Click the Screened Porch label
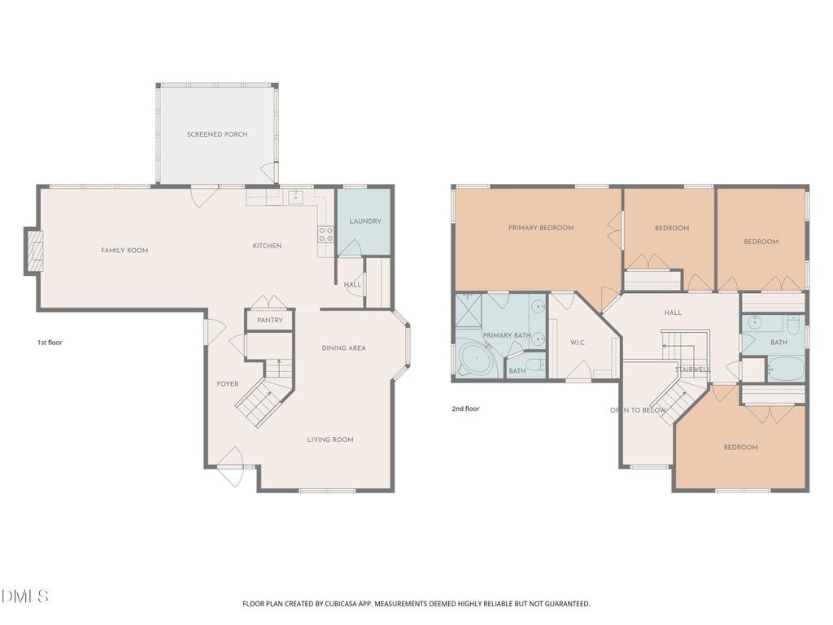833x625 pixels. coord(216,134)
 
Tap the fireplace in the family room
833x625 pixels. coord(33,251)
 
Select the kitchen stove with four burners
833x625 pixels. coord(325,234)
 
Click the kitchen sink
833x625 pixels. coord(295,197)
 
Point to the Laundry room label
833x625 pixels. coord(365,221)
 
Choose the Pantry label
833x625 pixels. coord(270,320)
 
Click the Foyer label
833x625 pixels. coord(228,384)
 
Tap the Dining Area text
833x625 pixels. coord(344,348)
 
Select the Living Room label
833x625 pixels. coord(330,439)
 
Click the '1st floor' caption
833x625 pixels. coord(50,343)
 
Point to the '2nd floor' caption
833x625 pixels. coord(465,409)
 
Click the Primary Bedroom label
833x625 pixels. coord(541,228)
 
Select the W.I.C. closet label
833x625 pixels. coord(578,343)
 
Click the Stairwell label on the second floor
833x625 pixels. coord(693,369)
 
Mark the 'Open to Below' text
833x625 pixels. coord(638,410)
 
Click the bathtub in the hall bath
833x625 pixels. coord(787,369)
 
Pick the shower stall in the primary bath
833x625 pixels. coord(469,310)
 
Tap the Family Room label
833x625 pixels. coord(124,251)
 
